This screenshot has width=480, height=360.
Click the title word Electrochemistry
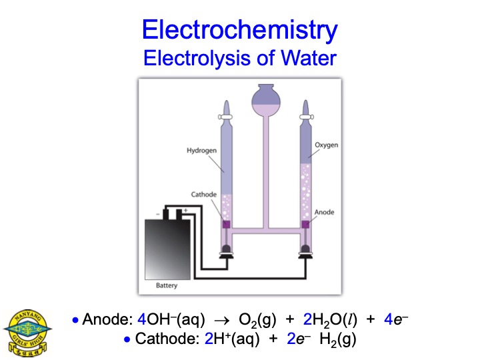point(240,29)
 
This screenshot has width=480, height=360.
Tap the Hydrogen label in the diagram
point(201,151)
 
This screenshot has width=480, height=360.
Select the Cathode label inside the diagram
point(204,194)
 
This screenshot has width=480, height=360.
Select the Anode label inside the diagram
point(324,212)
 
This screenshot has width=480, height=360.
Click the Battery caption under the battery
point(167,285)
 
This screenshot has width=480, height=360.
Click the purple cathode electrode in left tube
point(225,225)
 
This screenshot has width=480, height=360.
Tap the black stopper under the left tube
point(225,254)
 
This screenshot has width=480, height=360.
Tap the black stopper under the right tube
point(307,254)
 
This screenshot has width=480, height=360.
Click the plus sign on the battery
point(185,210)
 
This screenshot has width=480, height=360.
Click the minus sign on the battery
point(158,213)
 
